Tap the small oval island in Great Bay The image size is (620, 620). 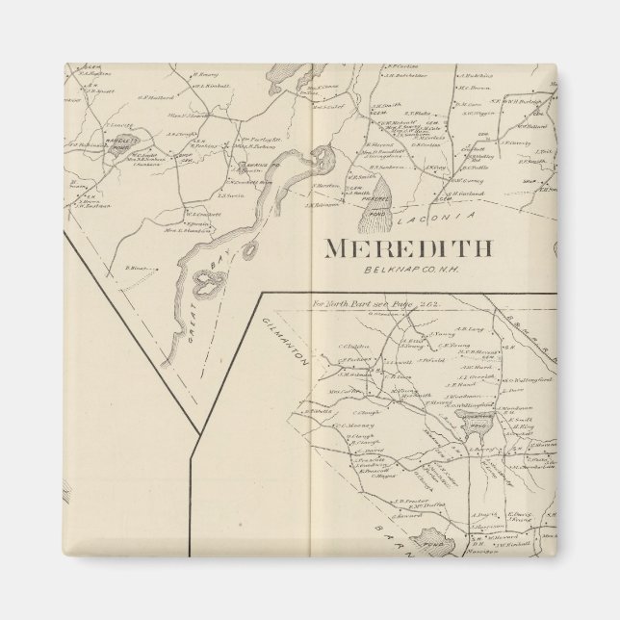251,251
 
